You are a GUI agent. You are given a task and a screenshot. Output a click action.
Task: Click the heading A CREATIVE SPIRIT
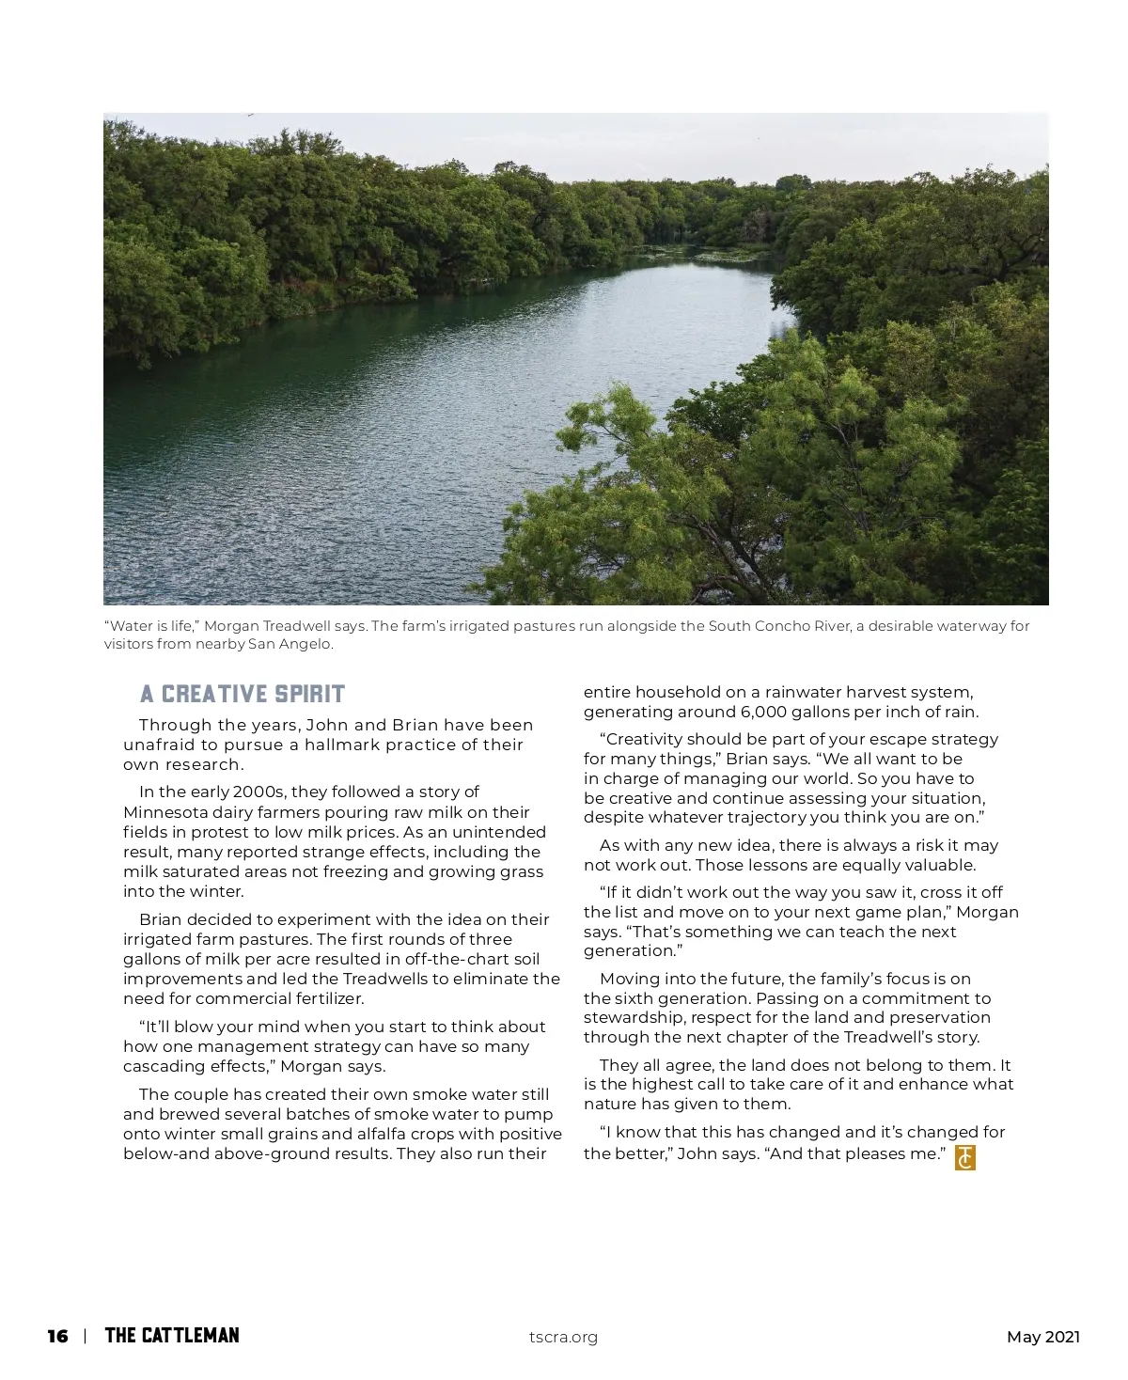click(243, 695)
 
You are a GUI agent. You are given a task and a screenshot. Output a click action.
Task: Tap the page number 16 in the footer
click(58, 1337)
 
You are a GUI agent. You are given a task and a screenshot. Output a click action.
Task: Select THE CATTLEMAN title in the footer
click(172, 1336)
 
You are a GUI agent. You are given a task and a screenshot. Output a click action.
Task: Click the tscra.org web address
click(563, 1338)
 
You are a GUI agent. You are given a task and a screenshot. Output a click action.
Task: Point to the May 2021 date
click(1042, 1338)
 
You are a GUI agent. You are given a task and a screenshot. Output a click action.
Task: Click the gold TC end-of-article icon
click(964, 1157)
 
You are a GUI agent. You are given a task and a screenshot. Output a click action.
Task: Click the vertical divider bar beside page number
click(86, 1337)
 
